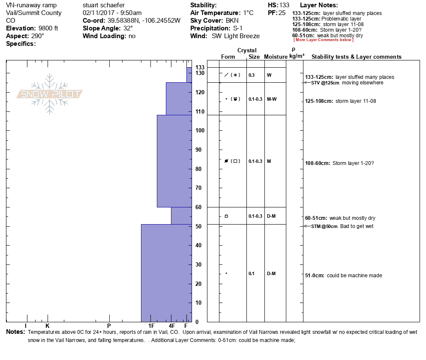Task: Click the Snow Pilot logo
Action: (x=50, y=94)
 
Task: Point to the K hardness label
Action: (x=48, y=326)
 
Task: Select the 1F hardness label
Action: (x=152, y=326)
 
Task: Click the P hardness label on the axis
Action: (x=109, y=326)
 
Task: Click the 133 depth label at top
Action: (x=200, y=68)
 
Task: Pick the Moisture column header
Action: (x=276, y=57)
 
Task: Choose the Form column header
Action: (x=228, y=57)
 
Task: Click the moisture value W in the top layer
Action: (x=269, y=75)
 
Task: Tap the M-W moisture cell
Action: (x=271, y=99)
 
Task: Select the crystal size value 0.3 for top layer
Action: (x=252, y=75)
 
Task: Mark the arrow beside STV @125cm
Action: (x=306, y=83)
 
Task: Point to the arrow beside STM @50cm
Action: (x=306, y=226)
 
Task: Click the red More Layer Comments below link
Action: (x=323, y=40)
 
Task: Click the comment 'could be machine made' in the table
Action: (x=354, y=276)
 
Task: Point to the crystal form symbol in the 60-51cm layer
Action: (x=226, y=216)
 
